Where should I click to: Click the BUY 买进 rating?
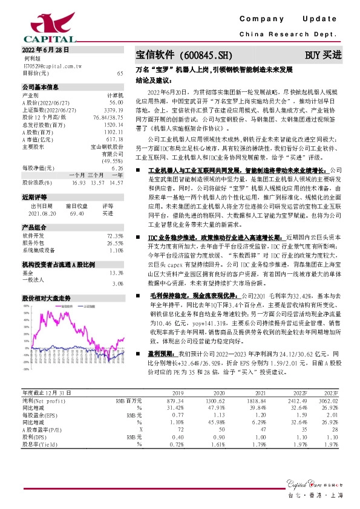(x=323, y=55)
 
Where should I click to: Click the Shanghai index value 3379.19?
(x=114, y=110)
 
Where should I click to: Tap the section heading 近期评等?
(x=34, y=197)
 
